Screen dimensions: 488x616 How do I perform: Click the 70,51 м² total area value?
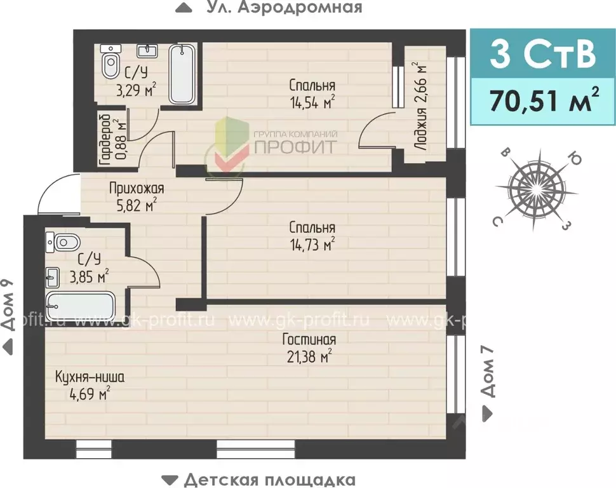click(x=543, y=100)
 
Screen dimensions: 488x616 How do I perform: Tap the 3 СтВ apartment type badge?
click(x=543, y=55)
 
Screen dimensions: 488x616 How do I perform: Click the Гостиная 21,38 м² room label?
click(x=309, y=348)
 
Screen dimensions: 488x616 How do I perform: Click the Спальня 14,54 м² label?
click(x=311, y=93)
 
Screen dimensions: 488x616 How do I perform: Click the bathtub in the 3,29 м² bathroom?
click(x=184, y=74)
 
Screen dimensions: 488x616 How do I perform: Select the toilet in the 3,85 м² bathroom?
click(x=64, y=242)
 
